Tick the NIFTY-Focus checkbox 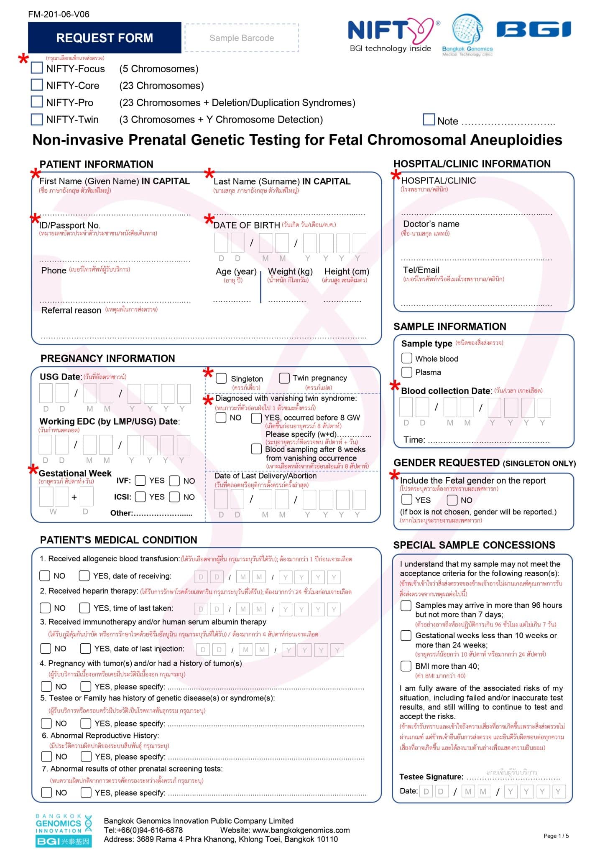[x=37, y=68]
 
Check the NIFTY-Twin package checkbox [x=37, y=119]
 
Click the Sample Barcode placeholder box [x=242, y=38]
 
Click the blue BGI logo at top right [x=534, y=30]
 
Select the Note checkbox [x=429, y=120]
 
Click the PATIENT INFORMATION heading [x=97, y=164]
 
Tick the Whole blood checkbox [x=406, y=358]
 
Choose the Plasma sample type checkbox [x=406, y=372]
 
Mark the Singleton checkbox [x=221, y=378]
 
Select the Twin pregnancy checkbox [x=284, y=378]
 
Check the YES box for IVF [x=140, y=480]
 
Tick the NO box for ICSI [x=174, y=497]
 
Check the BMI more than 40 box [x=406, y=666]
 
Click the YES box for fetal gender [x=406, y=499]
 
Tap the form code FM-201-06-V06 [x=59, y=14]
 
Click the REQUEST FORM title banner [x=105, y=38]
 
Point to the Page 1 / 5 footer [x=556, y=836]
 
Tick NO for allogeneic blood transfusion [x=45, y=576]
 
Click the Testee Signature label [x=431, y=777]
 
